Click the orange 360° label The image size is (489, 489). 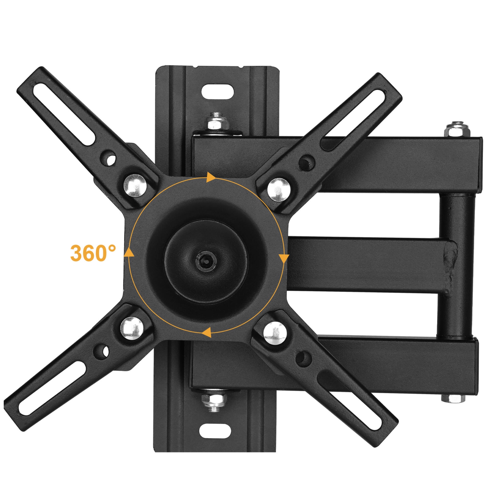[x=93, y=253]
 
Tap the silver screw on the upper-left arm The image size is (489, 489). [x=135, y=186]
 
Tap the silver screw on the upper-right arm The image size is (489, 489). [x=279, y=189]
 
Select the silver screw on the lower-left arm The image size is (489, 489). [x=132, y=328]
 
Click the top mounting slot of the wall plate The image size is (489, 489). [x=218, y=92]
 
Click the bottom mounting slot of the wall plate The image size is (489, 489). [x=215, y=431]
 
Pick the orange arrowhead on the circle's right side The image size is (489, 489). [x=284, y=259]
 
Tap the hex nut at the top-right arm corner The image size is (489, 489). [x=457, y=129]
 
